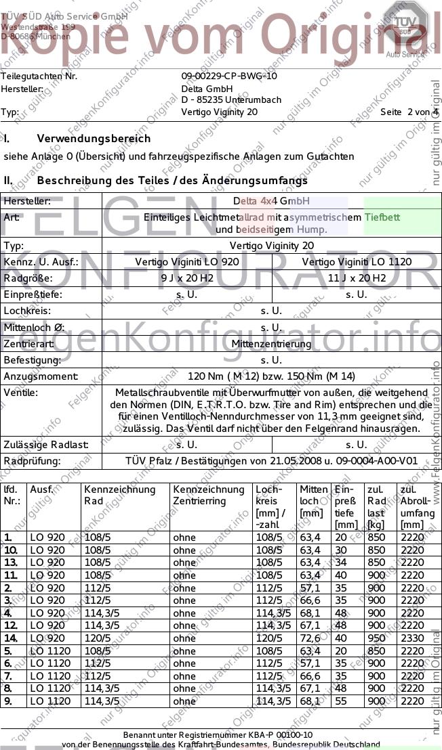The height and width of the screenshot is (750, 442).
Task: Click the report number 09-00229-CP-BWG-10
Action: coord(229,76)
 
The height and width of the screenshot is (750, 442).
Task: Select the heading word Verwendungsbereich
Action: coord(94,139)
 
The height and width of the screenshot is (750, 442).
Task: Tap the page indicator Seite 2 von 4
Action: coord(409,112)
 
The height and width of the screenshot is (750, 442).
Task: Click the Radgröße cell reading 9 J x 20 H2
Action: coord(186,278)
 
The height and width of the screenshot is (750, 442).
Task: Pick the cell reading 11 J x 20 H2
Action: coord(357,278)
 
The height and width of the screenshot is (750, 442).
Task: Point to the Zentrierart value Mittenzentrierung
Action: coord(271,344)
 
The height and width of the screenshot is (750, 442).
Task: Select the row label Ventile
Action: coord(21,393)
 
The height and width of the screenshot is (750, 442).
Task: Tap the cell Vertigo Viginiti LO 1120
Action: coord(357,262)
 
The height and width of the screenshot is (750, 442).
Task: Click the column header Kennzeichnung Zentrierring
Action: coord(209,495)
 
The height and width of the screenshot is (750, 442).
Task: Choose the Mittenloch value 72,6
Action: coord(310,638)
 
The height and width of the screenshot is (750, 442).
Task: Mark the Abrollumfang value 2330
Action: coord(412,638)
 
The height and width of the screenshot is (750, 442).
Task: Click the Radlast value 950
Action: coord(376,638)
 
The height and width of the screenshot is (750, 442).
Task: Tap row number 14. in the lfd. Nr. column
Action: coord(10,638)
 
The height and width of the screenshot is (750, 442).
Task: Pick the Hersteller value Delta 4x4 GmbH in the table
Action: coord(271,201)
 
